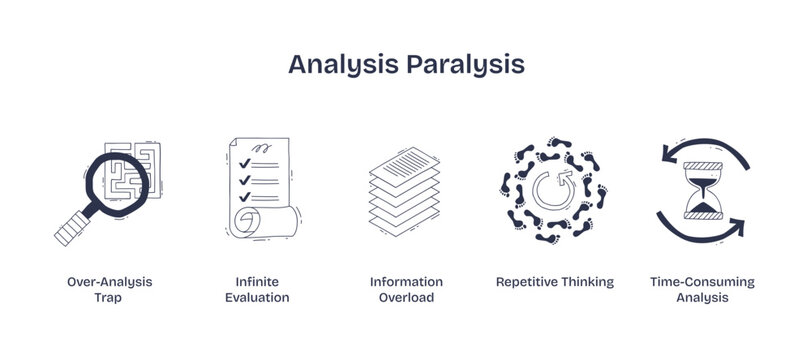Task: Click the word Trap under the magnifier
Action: (109, 298)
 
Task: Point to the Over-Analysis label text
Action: (109, 281)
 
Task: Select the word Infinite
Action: (257, 281)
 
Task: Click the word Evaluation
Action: (257, 298)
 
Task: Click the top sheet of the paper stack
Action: (406, 161)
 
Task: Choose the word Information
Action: (406, 281)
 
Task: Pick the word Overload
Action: (406, 298)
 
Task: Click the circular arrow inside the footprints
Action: (553, 190)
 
